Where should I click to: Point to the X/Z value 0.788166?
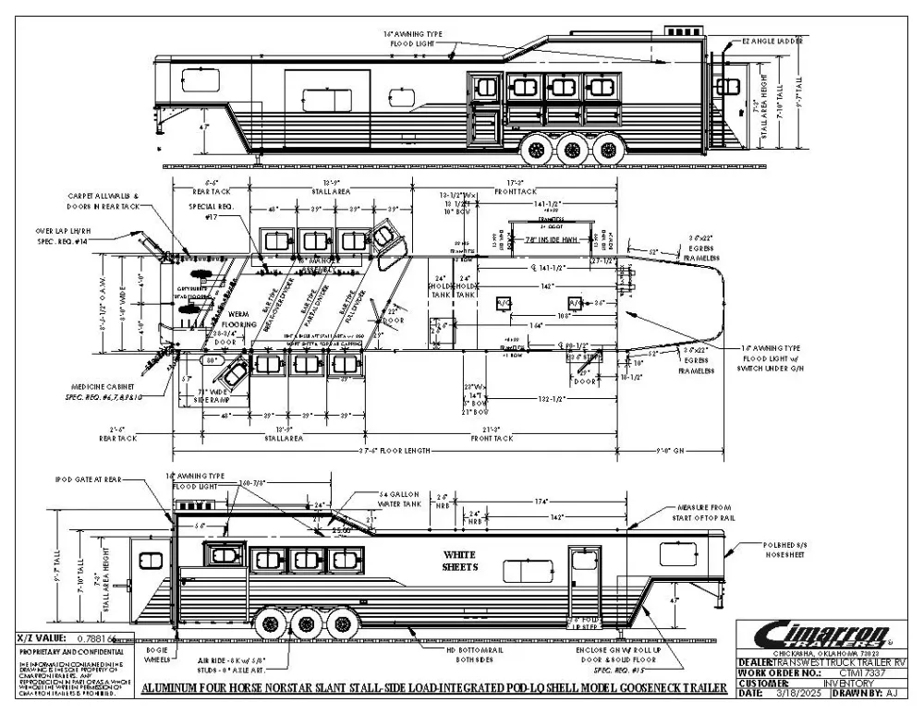[x=92, y=638]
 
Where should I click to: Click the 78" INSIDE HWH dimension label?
[x=549, y=241]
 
